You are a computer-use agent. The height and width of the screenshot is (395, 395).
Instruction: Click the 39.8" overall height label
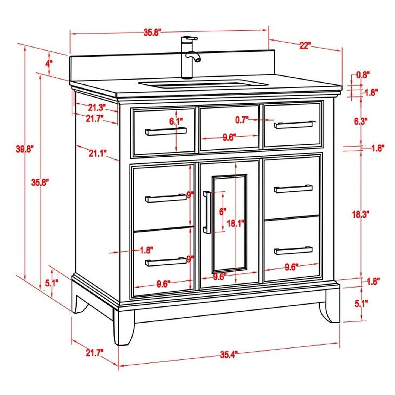pyautogui.click(x=25, y=149)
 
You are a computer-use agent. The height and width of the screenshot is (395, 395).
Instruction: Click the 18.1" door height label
pyautogui.click(x=236, y=223)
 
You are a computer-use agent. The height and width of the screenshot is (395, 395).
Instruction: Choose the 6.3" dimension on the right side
pyautogui.click(x=361, y=122)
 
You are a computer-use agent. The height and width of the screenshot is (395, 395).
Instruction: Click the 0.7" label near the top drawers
pyautogui.click(x=242, y=120)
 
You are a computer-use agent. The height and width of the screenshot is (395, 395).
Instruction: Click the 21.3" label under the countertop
pyautogui.click(x=97, y=107)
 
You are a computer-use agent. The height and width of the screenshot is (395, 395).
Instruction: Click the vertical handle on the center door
pyautogui.click(x=206, y=212)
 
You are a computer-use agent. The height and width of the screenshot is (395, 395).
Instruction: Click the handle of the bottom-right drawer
pyautogui.click(x=293, y=250)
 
